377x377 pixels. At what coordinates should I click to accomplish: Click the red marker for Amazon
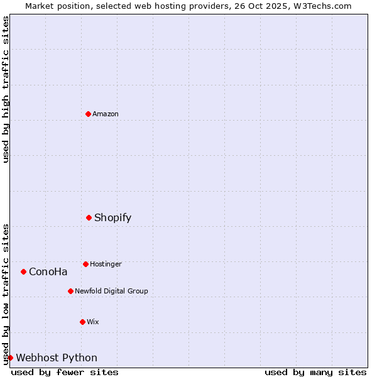88,114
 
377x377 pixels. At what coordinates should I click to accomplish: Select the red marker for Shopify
89,217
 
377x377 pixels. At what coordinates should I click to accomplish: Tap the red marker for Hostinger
85,264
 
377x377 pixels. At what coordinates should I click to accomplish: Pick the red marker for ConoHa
23,271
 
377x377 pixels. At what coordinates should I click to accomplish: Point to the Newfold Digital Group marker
70,291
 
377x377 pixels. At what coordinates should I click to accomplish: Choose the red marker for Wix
82,322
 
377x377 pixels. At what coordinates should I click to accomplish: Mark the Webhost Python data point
10,358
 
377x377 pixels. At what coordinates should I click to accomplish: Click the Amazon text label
106,114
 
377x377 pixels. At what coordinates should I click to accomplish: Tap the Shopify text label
113,218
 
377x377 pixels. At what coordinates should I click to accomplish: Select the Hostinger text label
106,264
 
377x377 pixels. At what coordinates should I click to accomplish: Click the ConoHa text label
48,272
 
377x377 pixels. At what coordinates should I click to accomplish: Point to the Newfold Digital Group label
111,291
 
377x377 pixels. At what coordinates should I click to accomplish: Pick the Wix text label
93,322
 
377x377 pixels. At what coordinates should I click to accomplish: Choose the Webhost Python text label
57,358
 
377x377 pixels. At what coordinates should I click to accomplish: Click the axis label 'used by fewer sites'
65,372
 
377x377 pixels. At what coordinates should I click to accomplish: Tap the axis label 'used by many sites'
315,372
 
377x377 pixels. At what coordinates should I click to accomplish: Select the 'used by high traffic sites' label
6,89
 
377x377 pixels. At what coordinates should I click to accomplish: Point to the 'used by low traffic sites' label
6,294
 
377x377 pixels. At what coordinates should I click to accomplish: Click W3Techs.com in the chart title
324,6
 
